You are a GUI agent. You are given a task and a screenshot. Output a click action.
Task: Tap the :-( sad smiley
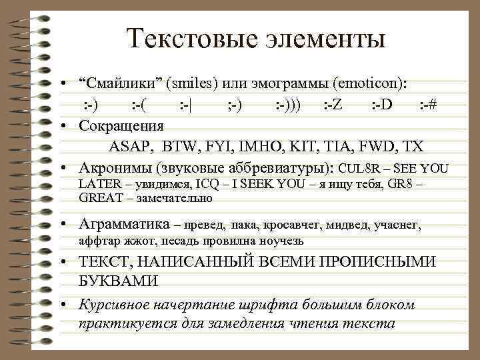(x=139, y=105)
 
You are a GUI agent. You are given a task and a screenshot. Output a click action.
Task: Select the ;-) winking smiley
(x=234, y=105)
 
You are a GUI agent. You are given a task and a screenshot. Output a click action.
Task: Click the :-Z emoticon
(x=333, y=105)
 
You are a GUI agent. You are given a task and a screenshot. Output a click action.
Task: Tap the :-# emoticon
(x=428, y=105)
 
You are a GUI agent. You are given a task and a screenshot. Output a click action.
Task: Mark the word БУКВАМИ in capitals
(x=118, y=281)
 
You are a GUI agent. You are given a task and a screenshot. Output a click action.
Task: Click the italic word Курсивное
(x=113, y=305)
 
